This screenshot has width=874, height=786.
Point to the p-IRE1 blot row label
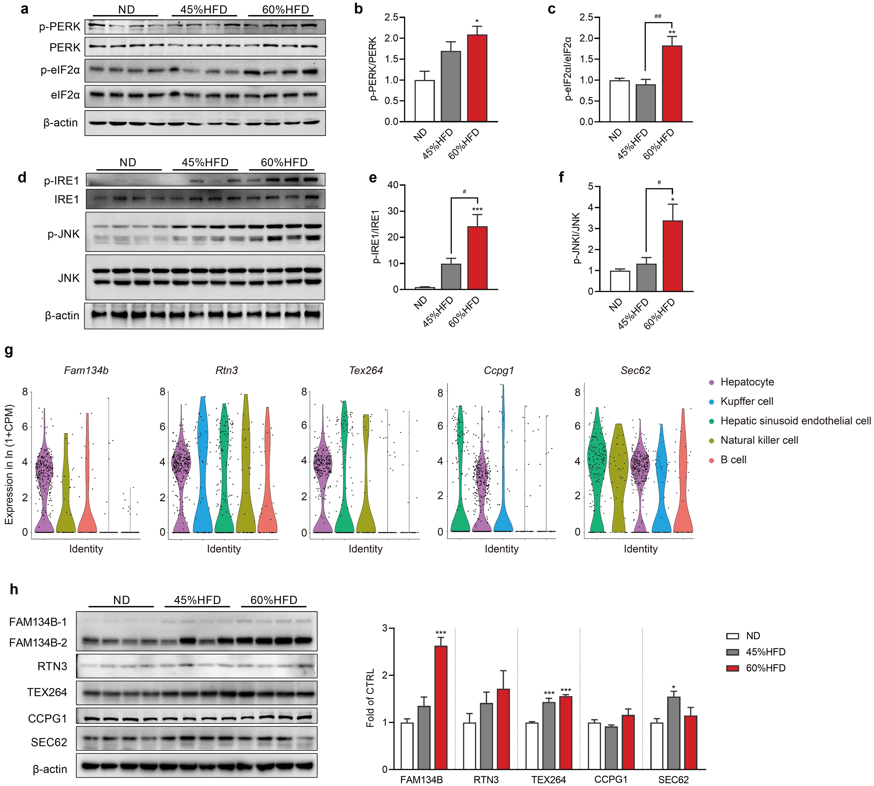pos(61,181)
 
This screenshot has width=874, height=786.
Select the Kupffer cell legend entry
pos(747,401)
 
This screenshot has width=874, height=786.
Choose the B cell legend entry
pos(733,460)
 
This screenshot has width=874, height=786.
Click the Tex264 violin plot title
pos(366,370)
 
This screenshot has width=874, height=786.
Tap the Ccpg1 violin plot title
pos(499,370)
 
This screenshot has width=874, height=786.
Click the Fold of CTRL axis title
pos(370,698)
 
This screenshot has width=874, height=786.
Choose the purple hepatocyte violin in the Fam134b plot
pos(44,475)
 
